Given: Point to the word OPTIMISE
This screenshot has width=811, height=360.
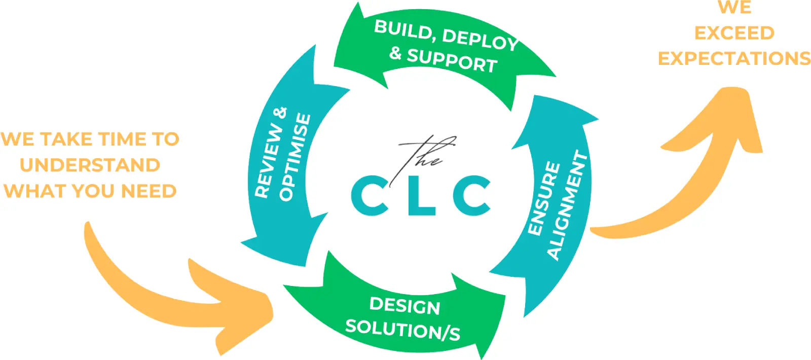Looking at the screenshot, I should pos(294,157).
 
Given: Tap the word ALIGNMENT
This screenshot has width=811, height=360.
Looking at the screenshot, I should pos(567,205).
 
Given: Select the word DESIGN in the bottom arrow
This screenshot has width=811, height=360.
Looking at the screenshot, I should pos(404,306).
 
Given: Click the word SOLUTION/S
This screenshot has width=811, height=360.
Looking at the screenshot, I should pos(402,330).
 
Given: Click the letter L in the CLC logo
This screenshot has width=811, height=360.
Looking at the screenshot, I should pos(420,195).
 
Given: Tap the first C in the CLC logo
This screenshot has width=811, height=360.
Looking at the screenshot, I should pos(371,195).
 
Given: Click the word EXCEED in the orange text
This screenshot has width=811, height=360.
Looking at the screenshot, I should pos(734,33).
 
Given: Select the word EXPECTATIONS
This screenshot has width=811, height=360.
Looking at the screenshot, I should pos(734,59).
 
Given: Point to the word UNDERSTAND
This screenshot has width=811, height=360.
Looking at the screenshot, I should pos(90,165).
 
